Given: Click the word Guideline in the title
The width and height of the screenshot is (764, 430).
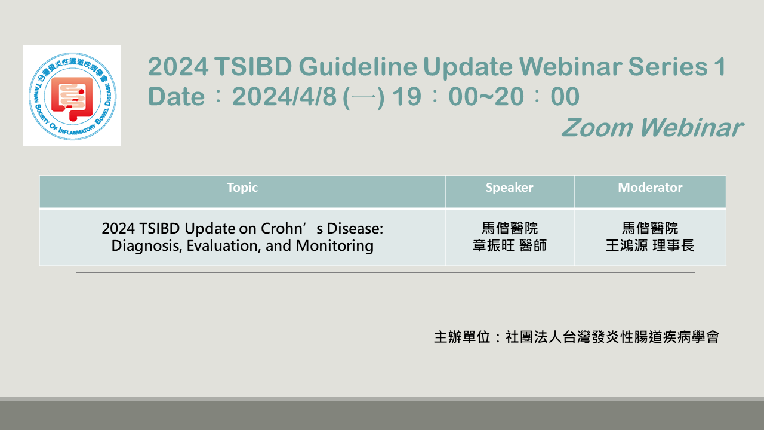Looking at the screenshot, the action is click(358, 66).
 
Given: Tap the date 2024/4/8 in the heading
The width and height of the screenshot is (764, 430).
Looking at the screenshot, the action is click(285, 96).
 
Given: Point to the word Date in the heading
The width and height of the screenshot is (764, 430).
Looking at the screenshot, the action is click(176, 96).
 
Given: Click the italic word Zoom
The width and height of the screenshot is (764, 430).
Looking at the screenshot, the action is click(597, 128).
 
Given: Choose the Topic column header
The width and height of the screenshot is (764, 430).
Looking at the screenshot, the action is click(242, 188).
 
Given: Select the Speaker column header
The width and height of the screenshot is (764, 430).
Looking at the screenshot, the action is click(509, 188).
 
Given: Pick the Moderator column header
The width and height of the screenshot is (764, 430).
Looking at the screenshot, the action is click(650, 188).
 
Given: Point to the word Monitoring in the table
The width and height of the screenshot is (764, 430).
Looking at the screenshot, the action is click(335, 245).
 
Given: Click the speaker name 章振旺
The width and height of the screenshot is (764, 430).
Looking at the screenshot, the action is click(493, 245).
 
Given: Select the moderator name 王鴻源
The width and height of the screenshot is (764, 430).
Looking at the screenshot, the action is click(627, 245).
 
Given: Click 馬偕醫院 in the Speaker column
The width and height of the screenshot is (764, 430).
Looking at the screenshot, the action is click(510, 228).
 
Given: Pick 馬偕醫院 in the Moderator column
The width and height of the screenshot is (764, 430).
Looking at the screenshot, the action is click(650, 228).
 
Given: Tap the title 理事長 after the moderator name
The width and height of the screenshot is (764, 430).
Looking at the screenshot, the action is click(673, 245).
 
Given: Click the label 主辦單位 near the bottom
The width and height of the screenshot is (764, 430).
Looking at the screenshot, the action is click(462, 337).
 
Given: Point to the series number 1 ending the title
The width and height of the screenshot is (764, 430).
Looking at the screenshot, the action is click(720, 66).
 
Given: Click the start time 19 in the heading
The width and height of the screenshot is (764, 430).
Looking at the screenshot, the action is click(407, 96).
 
